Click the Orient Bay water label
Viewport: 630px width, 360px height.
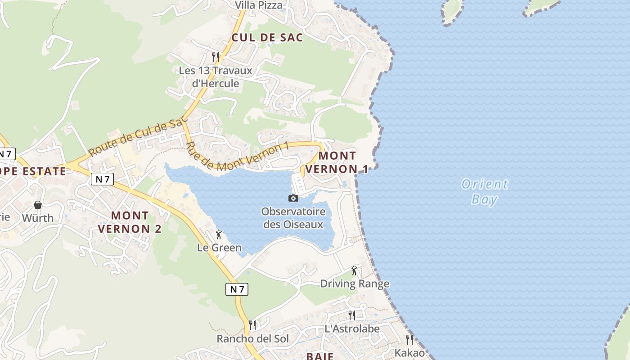pyautogui.click(x=485, y=192)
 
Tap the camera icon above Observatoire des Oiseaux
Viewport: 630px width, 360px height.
pyautogui.click(x=293, y=198)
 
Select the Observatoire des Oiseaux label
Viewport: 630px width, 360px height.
pyautogui.click(x=293, y=218)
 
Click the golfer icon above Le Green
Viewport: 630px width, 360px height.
pyautogui.click(x=219, y=234)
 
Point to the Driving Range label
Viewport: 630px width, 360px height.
pyautogui.click(x=355, y=284)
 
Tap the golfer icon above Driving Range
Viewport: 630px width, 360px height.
pyautogui.click(x=354, y=270)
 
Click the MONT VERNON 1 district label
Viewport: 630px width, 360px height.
pyautogui.click(x=337, y=162)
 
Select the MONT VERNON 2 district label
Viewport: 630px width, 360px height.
pyautogui.click(x=130, y=222)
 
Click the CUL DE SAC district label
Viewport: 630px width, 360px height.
pyautogui.click(x=267, y=38)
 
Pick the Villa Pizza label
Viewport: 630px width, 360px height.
pyautogui.click(x=259, y=5)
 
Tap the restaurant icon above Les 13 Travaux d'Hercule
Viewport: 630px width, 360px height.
pyautogui.click(x=216, y=57)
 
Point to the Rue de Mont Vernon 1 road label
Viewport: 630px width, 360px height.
pyautogui.click(x=236, y=157)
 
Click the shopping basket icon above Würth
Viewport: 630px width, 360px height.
pyautogui.click(x=38, y=205)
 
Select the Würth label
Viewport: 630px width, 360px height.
pyautogui.click(x=38, y=218)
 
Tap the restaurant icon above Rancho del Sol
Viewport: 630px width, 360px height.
pyautogui.click(x=252, y=325)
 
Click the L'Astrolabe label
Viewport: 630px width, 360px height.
pyautogui.click(x=352, y=329)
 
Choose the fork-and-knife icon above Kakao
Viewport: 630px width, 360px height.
pyautogui.click(x=409, y=339)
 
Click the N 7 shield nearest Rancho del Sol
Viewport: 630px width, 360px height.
pyautogui.click(x=237, y=289)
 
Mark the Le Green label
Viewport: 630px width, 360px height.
pyautogui.click(x=219, y=248)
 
